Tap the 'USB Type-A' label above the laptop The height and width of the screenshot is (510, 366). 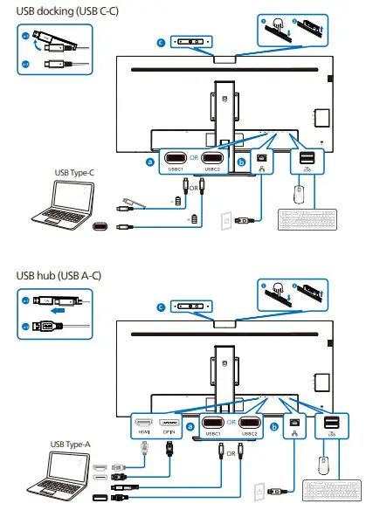click(x=71, y=445)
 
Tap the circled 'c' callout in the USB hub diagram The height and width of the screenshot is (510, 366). click(x=160, y=307)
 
